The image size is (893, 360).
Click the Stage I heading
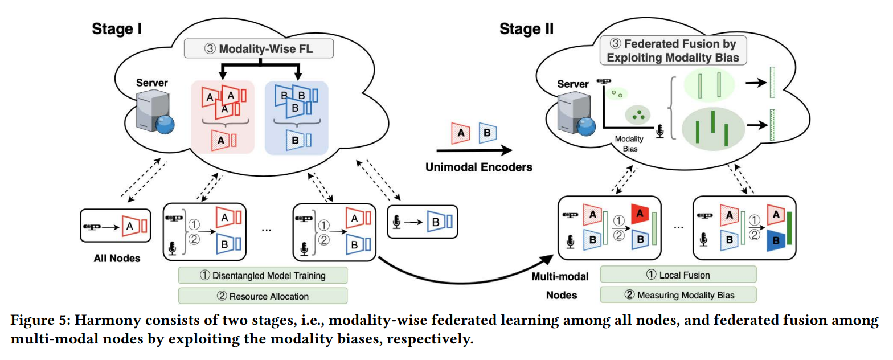pyautogui.click(x=117, y=30)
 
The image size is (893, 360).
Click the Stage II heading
pyautogui.click(x=526, y=29)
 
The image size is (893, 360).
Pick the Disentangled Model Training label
pyautogui.click(x=263, y=275)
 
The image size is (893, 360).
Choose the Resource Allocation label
pyautogui.click(x=263, y=296)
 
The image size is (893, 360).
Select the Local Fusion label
pyautogui.click(x=678, y=275)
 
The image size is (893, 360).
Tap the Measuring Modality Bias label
pyautogui.click(x=678, y=294)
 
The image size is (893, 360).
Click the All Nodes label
pyautogui.click(x=117, y=258)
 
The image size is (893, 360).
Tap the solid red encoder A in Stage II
pyautogui.click(x=641, y=214)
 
